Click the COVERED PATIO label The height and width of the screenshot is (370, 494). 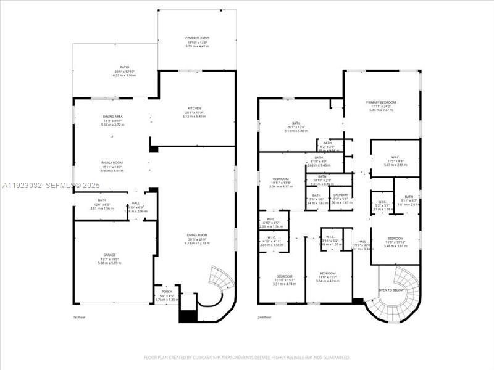pos(197,38)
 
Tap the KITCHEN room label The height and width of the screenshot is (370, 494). pos(193,109)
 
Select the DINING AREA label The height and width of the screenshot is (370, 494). pos(112,117)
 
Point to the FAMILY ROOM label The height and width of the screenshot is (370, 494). pos(112,162)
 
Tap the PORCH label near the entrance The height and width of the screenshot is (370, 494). pos(167,292)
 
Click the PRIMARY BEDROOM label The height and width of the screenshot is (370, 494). pos(380,102)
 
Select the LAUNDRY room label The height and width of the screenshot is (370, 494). pos(340,195)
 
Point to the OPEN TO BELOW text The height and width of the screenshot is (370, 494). pos(391,290)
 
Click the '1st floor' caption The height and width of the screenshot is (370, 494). pos(80,317)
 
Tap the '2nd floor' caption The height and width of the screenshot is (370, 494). pos(265,317)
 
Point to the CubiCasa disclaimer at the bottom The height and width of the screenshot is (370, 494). pos(246,357)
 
